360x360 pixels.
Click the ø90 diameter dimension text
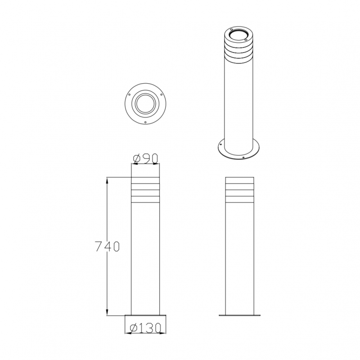pyautogui.click(x=145, y=158)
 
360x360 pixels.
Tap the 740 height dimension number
pyautogui.click(x=108, y=247)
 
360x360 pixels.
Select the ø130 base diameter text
pyautogui.click(x=145, y=328)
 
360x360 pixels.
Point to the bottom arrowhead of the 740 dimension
pyautogui.click(x=107, y=312)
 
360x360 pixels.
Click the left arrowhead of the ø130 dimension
pyautogui.click(x=128, y=333)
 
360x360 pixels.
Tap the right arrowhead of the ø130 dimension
pyautogui.click(x=163, y=333)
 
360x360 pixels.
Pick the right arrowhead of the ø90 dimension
pyautogui.click(x=157, y=164)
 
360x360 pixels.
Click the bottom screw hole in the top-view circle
pyautogui.click(x=145, y=122)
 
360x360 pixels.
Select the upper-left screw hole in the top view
pyautogui.click(x=129, y=94)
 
